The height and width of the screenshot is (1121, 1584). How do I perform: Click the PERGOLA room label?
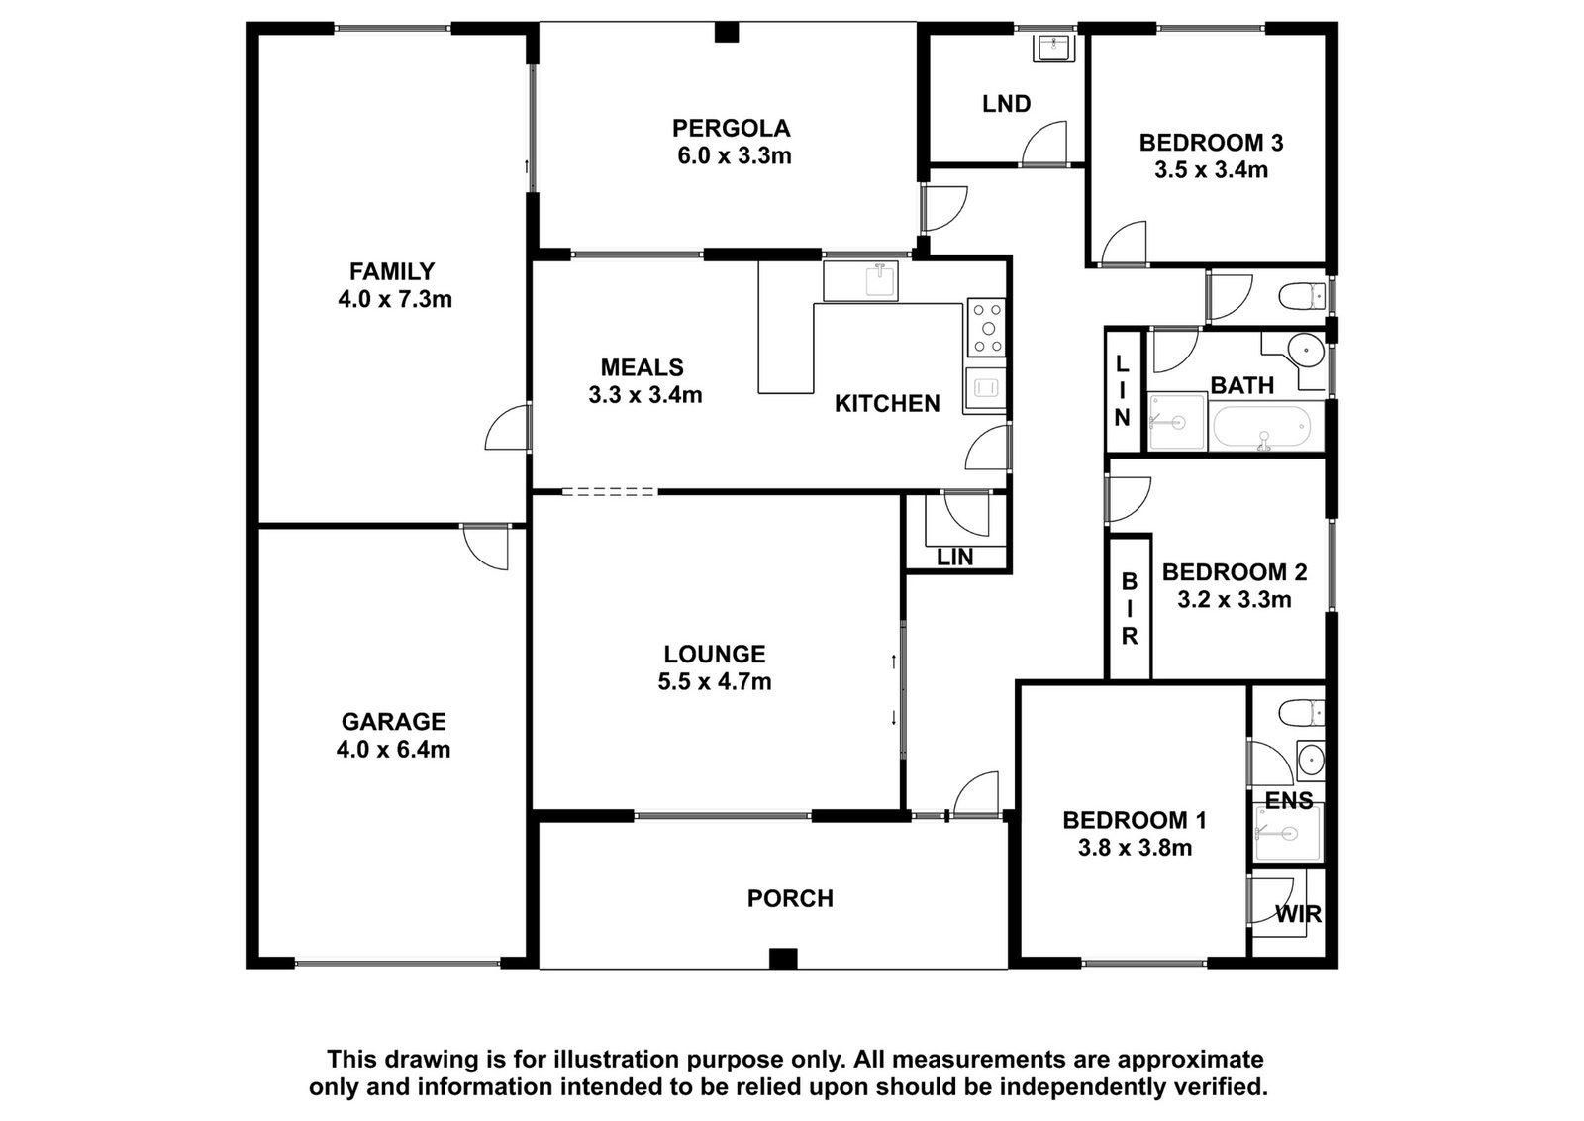pyautogui.click(x=732, y=128)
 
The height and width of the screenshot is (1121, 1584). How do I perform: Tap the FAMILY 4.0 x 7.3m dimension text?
pyautogui.click(x=395, y=299)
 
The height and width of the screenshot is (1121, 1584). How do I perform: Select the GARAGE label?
pyautogui.click(x=394, y=721)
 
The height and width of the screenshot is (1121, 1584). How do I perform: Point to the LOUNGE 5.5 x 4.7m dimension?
pyautogui.click(x=714, y=681)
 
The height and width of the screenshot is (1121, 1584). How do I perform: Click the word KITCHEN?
pyautogui.click(x=887, y=403)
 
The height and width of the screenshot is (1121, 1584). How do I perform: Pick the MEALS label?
pyautogui.click(x=643, y=367)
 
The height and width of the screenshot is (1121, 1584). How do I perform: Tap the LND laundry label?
pyautogui.click(x=1006, y=104)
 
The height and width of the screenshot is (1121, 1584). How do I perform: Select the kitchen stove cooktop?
pyautogui.click(x=986, y=327)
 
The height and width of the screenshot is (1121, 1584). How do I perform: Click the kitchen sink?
pyautogui.click(x=860, y=281)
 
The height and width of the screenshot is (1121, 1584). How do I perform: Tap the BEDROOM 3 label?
pyautogui.click(x=1212, y=143)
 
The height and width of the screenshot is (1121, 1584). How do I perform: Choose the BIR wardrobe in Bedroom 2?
pyautogui.click(x=1130, y=608)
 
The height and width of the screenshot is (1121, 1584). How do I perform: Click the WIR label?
pyautogui.click(x=1298, y=914)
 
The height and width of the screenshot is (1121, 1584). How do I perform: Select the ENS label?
pyautogui.click(x=1289, y=800)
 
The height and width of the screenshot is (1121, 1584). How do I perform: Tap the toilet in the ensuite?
pyautogui.click(x=1303, y=713)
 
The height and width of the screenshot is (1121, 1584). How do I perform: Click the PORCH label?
pyautogui.click(x=791, y=898)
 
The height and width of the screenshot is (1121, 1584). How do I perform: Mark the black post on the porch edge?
pyautogui.click(x=783, y=959)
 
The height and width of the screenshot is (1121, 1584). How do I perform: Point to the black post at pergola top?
pyautogui.click(x=727, y=33)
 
